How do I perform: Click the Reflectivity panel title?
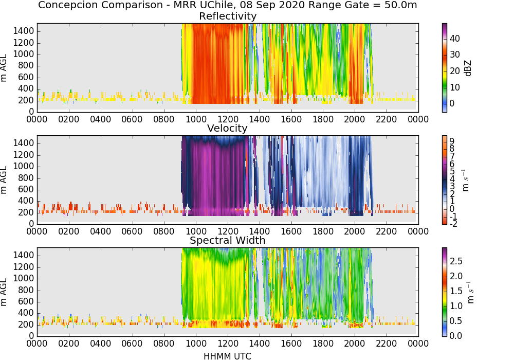(228, 16)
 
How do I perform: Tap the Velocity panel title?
(228, 128)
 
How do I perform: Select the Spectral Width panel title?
(228, 240)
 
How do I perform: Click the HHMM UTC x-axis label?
(228, 356)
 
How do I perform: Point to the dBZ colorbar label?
(468, 68)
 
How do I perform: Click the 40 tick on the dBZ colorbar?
(455, 39)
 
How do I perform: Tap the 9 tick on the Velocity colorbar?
(452, 141)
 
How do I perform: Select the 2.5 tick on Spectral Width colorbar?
(456, 261)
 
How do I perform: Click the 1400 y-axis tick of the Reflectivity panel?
(24, 31)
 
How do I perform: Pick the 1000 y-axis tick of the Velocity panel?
(24, 167)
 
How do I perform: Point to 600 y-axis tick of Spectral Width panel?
(26, 302)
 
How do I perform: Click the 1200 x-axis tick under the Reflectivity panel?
(228, 119)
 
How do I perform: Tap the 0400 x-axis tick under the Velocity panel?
(100, 231)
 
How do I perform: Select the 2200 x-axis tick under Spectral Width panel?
(386, 343)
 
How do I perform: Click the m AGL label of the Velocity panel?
(4, 180)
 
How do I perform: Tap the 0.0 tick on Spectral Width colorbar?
(456, 336)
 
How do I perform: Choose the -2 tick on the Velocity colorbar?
(453, 224)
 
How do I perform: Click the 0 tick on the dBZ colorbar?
(452, 103)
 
